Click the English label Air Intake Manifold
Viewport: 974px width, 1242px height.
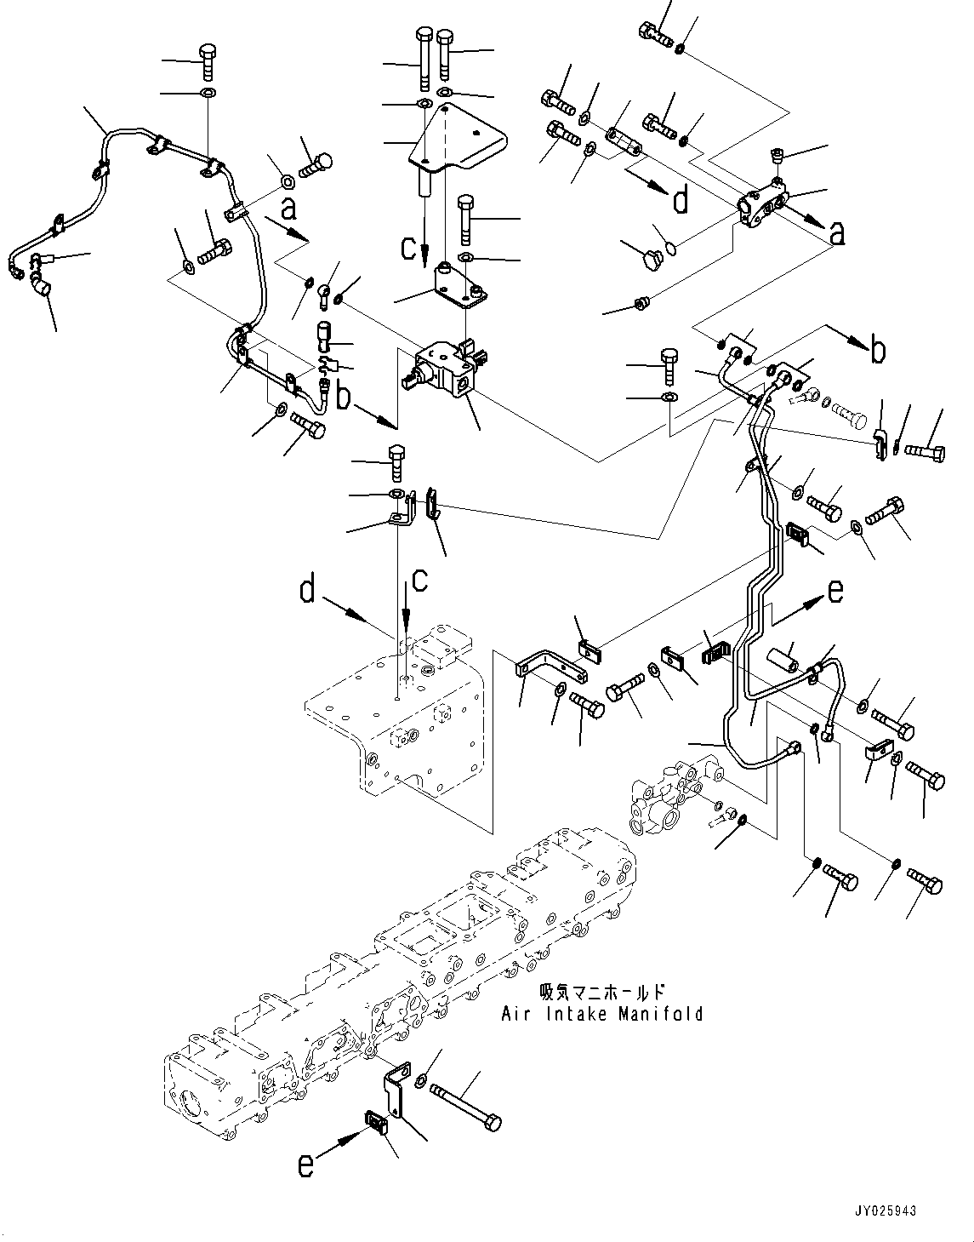[x=602, y=1014]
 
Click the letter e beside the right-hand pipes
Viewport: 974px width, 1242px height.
[x=835, y=590]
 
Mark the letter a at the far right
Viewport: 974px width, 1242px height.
[x=837, y=233]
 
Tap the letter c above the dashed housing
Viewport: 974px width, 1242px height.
[x=419, y=581]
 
